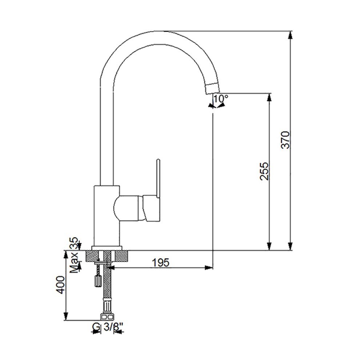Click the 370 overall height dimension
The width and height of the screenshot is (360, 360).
[x=285, y=140]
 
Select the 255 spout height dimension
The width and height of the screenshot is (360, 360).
[x=264, y=171]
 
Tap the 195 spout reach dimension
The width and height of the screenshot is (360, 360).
[x=161, y=263]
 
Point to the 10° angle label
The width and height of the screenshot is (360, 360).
[x=221, y=99]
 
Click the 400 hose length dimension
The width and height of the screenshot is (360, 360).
[x=61, y=285]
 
